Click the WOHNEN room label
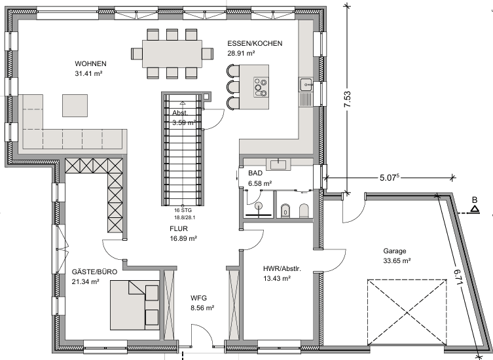(x=90, y=63)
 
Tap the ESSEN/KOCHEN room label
(x=255, y=44)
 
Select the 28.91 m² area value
(x=242, y=54)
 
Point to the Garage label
(x=395, y=251)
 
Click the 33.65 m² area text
(x=396, y=261)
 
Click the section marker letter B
(x=475, y=199)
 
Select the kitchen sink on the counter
(x=305, y=84)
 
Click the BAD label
(x=255, y=173)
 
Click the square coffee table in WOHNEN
(x=73, y=105)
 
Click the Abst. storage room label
(x=180, y=113)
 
